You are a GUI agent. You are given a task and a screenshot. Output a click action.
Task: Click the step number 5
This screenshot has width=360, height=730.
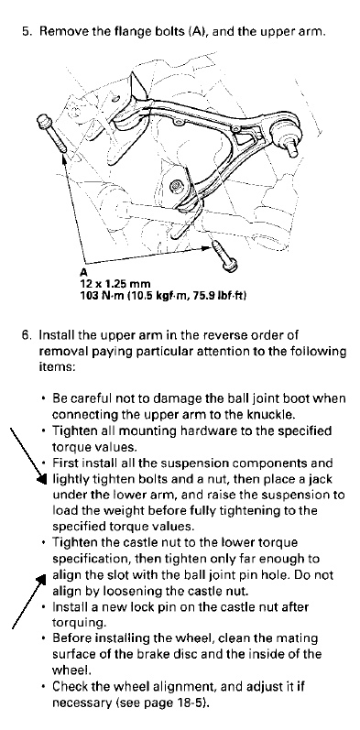click(x=26, y=32)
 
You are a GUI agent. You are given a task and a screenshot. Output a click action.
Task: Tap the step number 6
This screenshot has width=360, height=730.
click(x=26, y=335)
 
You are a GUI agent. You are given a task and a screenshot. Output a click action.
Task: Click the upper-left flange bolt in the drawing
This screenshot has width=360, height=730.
click(x=52, y=134)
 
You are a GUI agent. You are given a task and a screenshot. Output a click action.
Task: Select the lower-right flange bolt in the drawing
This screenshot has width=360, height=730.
click(x=224, y=256)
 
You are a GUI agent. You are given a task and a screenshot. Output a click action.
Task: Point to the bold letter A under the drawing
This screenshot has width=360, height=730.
click(x=83, y=272)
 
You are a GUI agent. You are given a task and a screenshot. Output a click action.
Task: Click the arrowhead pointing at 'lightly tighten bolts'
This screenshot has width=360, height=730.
click(x=42, y=479)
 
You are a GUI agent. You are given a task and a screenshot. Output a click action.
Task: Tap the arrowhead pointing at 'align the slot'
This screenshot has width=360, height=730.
click(x=41, y=579)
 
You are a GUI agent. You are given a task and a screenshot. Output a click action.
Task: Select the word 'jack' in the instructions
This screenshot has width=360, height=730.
click(x=322, y=479)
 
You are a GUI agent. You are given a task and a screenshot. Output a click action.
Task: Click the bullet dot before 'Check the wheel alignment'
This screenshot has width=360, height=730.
click(x=44, y=687)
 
